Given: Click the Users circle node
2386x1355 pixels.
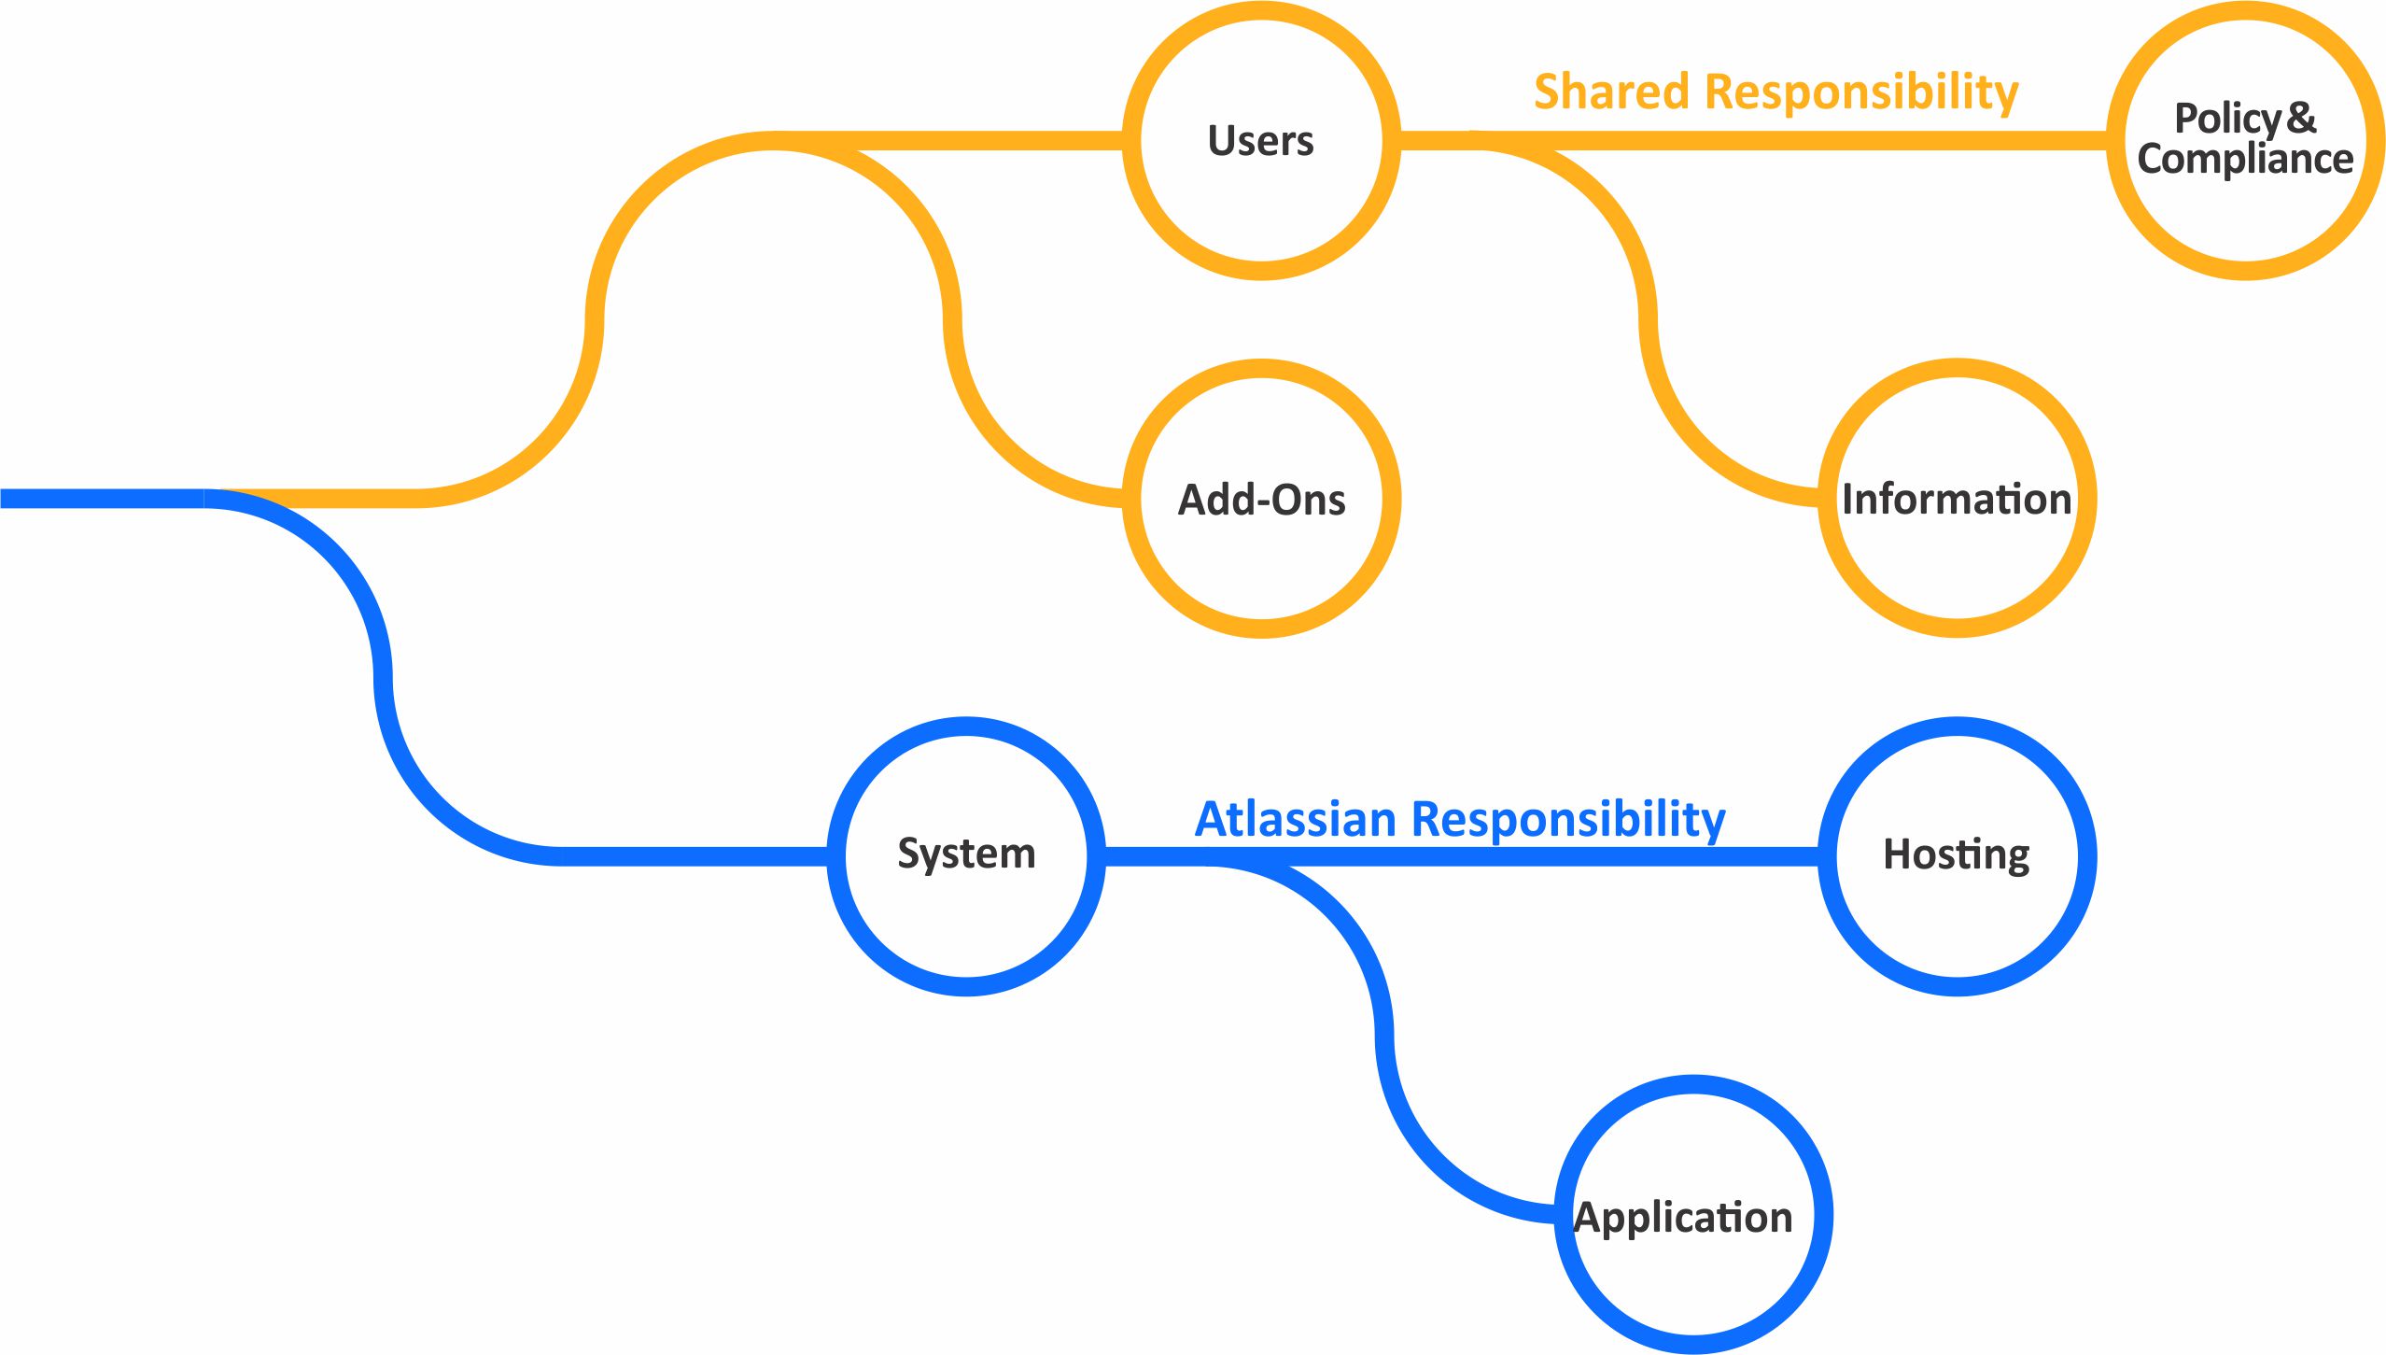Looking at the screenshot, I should [1260, 141].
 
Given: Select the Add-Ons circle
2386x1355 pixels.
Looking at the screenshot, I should [1260, 500].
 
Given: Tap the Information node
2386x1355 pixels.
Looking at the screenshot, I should [1957, 499].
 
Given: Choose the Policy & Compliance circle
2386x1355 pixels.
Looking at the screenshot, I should [2245, 140].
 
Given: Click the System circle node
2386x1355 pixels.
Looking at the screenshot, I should [966, 854].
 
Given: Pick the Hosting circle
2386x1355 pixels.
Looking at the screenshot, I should [1957, 854].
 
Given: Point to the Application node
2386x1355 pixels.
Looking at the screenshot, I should [1692, 1216].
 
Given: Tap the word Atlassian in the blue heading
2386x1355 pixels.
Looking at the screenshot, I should [1296, 820].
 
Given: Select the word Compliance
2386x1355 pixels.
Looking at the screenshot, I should [2245, 160].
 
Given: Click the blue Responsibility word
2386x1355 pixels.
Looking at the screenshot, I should [1568, 821].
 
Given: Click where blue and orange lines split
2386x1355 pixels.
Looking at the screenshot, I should [210, 499].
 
